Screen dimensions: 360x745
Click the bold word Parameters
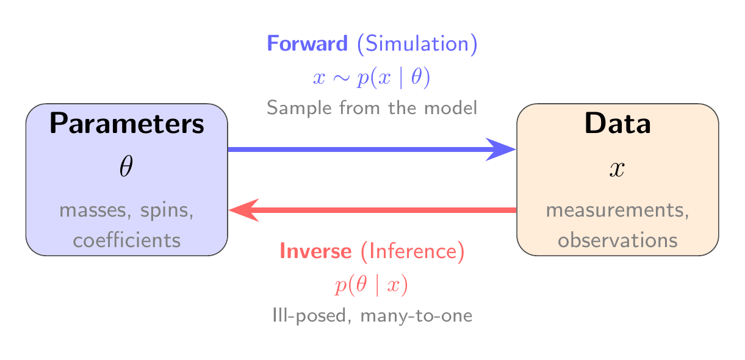127,124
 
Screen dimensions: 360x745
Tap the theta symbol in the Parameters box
126,168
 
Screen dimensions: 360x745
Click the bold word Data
617,124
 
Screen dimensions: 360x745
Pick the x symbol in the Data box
617,169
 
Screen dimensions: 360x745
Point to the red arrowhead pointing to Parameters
243,210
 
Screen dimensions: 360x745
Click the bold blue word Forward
308,44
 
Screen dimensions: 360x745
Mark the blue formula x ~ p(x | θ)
372,77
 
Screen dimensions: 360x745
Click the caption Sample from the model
372,109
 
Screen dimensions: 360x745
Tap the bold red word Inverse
315,251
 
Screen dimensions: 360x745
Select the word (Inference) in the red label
412,251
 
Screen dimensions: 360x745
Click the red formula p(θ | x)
372,285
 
